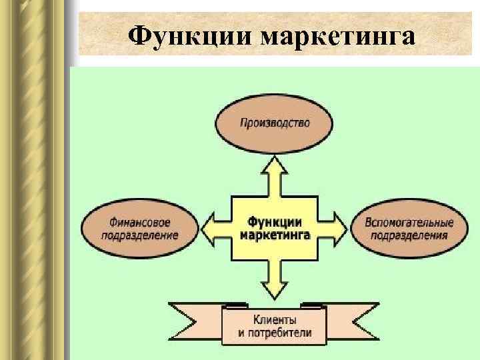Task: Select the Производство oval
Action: (274, 124)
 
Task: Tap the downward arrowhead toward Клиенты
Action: (274, 289)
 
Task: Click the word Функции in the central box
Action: (274, 221)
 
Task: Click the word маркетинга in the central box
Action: (274, 235)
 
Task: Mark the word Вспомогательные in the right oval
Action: (409, 223)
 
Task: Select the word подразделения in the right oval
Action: (409, 235)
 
